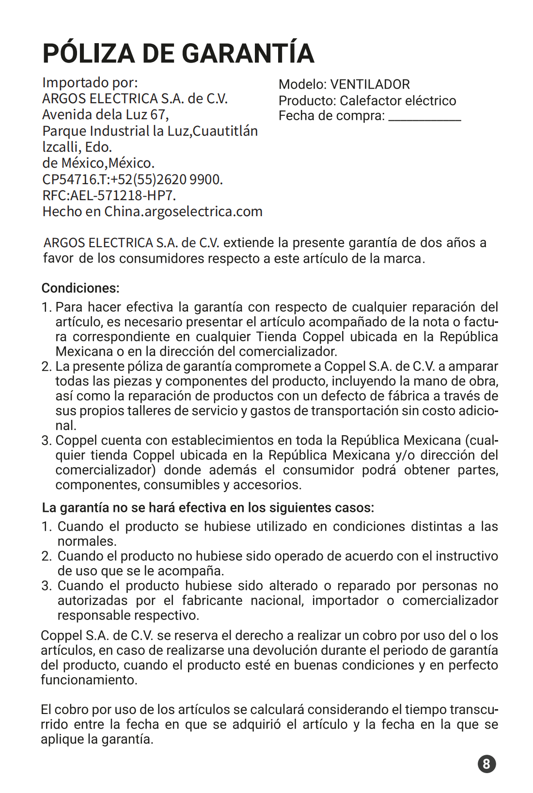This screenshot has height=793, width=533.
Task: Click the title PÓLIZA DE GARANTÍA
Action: click(x=178, y=53)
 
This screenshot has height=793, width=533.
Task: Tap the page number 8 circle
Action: click(x=486, y=764)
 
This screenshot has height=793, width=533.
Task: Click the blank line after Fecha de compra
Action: click(x=424, y=116)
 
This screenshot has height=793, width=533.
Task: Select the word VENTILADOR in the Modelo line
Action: click(x=370, y=84)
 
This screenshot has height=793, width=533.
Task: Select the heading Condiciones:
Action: click(x=80, y=288)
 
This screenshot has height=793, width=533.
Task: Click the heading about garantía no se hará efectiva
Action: click(x=208, y=508)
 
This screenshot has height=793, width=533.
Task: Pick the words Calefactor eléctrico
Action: click(x=398, y=101)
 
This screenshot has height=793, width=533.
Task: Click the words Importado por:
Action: click(x=90, y=82)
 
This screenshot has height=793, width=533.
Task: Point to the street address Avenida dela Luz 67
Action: click(x=105, y=115)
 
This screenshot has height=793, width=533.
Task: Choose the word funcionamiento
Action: click(x=88, y=680)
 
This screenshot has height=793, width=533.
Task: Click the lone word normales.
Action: click(x=87, y=541)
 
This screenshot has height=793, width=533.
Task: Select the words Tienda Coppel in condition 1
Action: click(x=300, y=337)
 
